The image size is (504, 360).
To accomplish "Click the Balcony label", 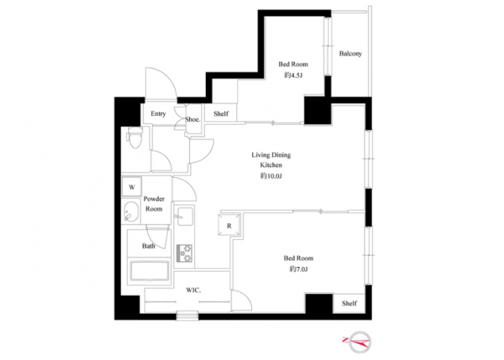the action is [x=351, y=54].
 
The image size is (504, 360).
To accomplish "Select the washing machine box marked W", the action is [x=132, y=186].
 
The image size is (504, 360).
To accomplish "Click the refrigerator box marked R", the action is [x=229, y=225].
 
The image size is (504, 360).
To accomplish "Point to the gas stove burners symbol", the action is [x=184, y=253].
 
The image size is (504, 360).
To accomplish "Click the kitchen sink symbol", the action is [x=184, y=216].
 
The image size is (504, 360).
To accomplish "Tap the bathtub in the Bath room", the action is [x=150, y=271].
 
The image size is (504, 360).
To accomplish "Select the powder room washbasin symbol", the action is [x=131, y=212].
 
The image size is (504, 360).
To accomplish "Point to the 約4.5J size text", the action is [x=293, y=75].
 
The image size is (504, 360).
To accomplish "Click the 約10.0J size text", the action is [x=271, y=176].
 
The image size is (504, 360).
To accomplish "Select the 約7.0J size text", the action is [x=298, y=269].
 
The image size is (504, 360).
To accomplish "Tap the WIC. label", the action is [x=194, y=290].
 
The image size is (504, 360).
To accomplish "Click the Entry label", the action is [x=158, y=114].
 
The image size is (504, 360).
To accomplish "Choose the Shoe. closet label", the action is [x=192, y=120].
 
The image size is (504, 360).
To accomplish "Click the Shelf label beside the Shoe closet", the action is [x=221, y=114].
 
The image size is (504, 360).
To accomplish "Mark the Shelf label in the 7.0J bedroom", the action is [x=349, y=303].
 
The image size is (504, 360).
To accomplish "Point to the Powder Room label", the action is [x=154, y=204].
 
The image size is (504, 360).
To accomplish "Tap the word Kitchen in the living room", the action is [x=271, y=165].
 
